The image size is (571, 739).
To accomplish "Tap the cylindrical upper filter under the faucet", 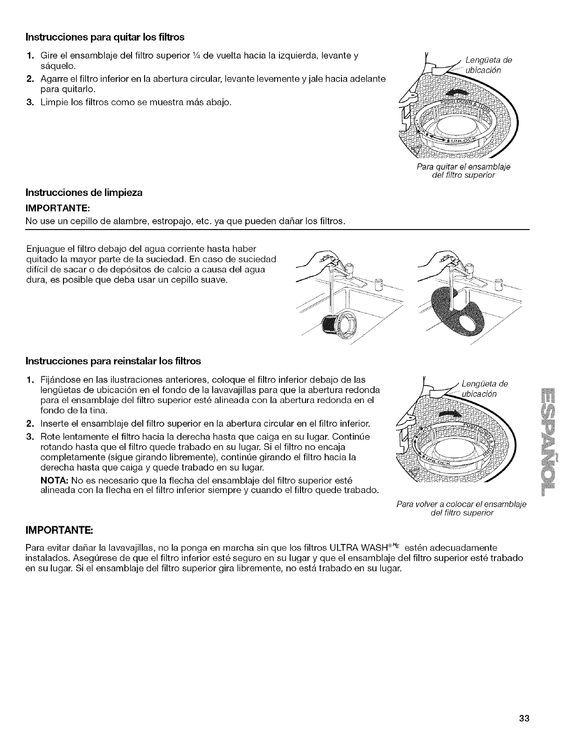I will [338, 325].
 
